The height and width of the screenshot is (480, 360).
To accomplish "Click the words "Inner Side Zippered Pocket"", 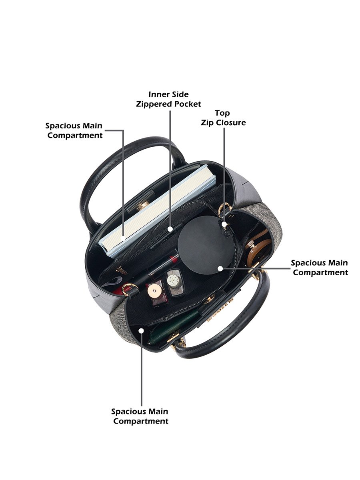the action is [x=168, y=99].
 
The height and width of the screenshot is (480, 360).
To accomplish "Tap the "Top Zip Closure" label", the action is [x=223, y=118].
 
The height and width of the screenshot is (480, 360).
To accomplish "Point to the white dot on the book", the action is [x=123, y=238].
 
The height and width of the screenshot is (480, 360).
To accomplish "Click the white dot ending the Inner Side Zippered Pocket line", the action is [x=170, y=229].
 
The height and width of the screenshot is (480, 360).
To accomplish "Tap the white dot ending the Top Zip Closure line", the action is [x=224, y=224].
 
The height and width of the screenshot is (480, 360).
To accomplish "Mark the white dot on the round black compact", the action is [x=220, y=268].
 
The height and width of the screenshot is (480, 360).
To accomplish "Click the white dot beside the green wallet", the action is [x=142, y=331].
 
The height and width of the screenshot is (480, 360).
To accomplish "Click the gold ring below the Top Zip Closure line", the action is [x=225, y=209].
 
